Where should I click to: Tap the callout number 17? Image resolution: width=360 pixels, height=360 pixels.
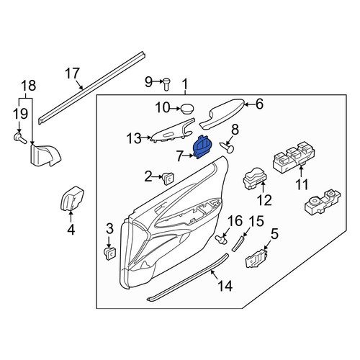pos(72,73)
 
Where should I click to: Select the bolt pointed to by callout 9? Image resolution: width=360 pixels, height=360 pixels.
pos(166,84)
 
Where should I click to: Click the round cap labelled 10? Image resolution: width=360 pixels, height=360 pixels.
pos(186,109)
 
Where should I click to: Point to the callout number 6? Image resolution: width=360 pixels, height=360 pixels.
pos(259,104)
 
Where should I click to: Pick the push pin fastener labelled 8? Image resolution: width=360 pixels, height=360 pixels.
pos(228,148)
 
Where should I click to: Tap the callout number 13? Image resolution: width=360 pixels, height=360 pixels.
pos(134,138)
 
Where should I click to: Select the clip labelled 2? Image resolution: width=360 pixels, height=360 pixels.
pos(168,179)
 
